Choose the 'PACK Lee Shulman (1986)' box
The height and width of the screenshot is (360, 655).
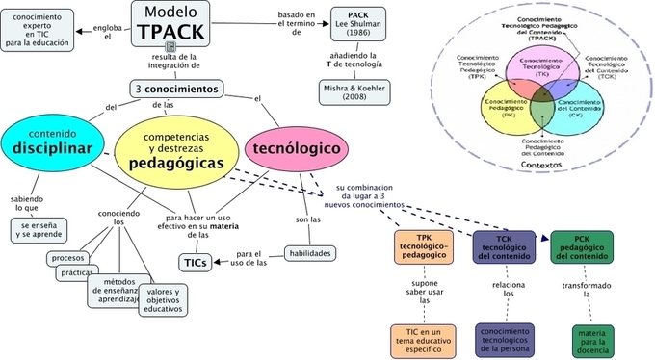[x=358, y=24]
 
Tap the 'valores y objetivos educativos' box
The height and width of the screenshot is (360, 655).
[x=165, y=298]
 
